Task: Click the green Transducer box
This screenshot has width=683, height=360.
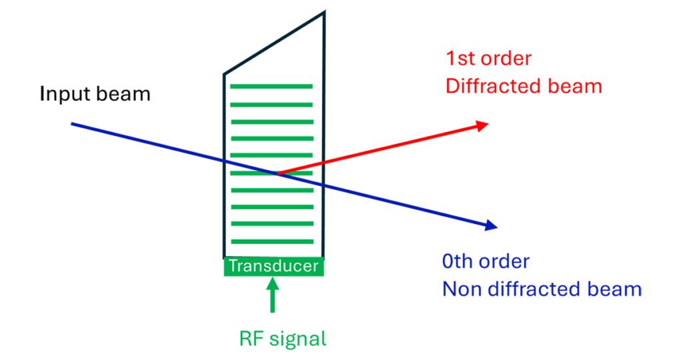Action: [273, 267]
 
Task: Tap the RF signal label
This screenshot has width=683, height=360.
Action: [283, 339]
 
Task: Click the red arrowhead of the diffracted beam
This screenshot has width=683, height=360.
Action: [482, 125]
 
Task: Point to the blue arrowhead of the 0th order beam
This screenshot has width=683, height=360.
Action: [492, 227]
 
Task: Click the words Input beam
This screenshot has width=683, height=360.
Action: [95, 93]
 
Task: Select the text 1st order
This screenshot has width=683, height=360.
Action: [488, 59]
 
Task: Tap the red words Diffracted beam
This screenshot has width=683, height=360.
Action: [524, 86]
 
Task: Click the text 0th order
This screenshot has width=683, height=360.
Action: [486, 261]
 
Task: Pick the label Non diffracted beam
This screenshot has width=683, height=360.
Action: [542, 289]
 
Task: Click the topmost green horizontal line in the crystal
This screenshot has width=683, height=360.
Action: [271, 86]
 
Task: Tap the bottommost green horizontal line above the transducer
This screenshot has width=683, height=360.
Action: [271, 241]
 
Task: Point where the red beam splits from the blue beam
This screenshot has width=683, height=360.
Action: [277, 173]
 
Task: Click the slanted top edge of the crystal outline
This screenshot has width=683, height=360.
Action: [273, 40]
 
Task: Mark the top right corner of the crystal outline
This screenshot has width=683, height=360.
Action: [324, 11]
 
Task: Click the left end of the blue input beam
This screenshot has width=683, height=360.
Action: [72, 124]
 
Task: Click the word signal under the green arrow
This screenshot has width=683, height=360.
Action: [299, 339]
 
